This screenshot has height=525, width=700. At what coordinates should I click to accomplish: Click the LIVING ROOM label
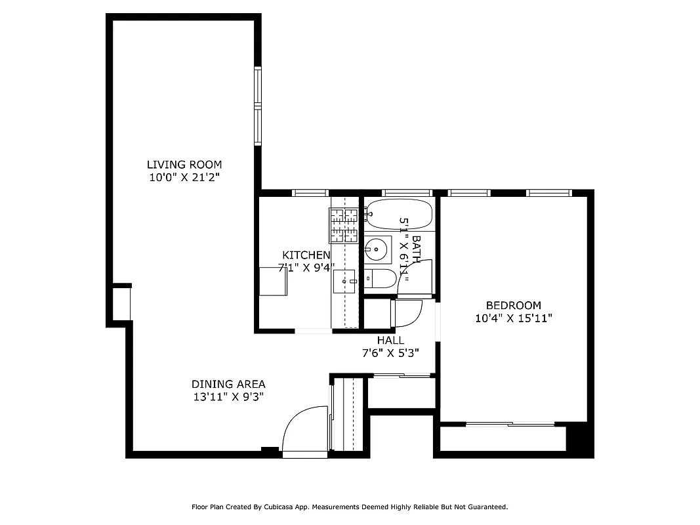click(x=184, y=165)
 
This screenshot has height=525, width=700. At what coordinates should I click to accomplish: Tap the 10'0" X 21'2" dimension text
click(x=184, y=177)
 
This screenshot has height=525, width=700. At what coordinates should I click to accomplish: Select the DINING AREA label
click(x=228, y=384)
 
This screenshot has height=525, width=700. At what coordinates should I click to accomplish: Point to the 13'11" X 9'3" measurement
click(x=228, y=396)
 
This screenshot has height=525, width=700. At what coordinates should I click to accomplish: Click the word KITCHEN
click(x=306, y=255)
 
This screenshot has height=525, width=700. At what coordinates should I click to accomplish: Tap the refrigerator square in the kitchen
click(x=273, y=281)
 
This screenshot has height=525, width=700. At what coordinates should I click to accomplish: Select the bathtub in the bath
click(x=400, y=214)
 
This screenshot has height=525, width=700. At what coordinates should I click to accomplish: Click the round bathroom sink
click(x=377, y=249)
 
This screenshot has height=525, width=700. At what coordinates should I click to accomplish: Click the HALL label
click(x=390, y=340)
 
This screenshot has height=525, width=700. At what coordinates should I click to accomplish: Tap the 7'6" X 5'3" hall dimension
click(x=390, y=352)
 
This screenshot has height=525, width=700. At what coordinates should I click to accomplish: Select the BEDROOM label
click(x=513, y=305)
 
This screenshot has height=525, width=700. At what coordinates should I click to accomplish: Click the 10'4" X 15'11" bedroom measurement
click(x=513, y=318)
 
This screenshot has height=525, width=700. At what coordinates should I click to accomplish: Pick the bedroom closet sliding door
click(x=510, y=425)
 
